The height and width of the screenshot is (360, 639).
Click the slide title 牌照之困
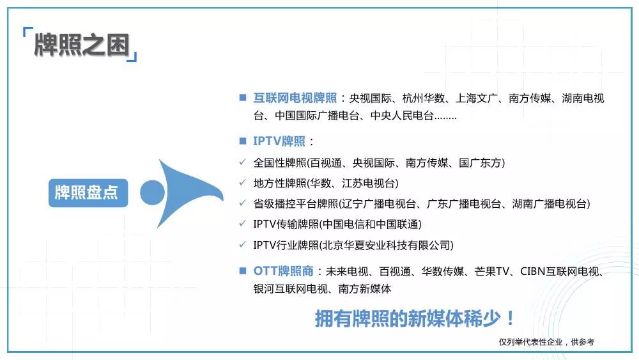82,44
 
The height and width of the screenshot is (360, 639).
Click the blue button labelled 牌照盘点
88,193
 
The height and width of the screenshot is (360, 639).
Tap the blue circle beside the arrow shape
153,193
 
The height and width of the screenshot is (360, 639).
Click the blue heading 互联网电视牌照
295,98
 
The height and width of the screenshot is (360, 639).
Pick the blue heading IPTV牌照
279,141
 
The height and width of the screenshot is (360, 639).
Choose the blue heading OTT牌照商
283,270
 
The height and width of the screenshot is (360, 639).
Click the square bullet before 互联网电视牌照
243,97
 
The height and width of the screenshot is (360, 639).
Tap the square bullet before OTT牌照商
243,270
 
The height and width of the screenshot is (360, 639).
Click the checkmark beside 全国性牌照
242,162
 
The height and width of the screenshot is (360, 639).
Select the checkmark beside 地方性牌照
242,183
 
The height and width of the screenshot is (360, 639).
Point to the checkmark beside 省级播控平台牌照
242,203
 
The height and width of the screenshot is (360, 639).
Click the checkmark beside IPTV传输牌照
242,223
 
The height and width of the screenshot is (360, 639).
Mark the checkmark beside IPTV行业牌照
242,245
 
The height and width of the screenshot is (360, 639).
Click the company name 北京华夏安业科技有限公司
387,245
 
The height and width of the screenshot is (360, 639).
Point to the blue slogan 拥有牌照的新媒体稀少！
415,318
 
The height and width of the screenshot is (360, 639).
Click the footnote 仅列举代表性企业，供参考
546,342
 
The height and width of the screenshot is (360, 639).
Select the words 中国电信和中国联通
371,224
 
